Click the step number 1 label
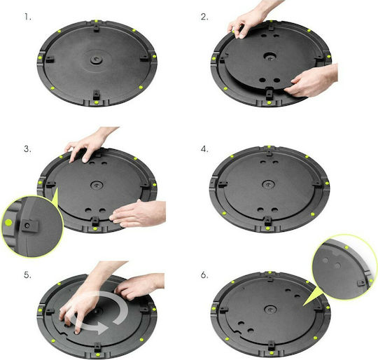pyautogui.click(x=27, y=17)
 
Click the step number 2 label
pyautogui.click(x=204, y=17)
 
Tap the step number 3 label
pyautogui.click(x=27, y=148)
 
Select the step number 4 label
pyautogui.click(x=204, y=149)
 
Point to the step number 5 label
pyautogui.click(x=27, y=275)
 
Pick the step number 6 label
pyautogui.click(x=204, y=275)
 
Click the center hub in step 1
pyautogui.click(x=97, y=60)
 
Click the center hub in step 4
pyautogui.click(x=268, y=184)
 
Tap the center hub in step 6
pyautogui.click(x=270, y=310)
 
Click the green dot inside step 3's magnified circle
pyautogui.click(x=8, y=222)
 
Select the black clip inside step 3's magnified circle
pyautogui.click(x=29, y=226)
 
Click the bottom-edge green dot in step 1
pyautogui.click(x=97, y=102)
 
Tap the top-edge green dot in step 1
pyautogui.click(x=96, y=21)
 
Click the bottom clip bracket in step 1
pyautogui.click(x=97, y=95)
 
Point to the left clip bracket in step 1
pyautogui.click(x=50, y=59)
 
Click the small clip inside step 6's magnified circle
pyautogui.click(x=361, y=282)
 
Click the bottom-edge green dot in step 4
pyautogui.click(x=267, y=228)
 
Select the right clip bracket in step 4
pyautogui.click(x=318, y=185)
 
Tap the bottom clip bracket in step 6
pyautogui.click(x=271, y=346)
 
